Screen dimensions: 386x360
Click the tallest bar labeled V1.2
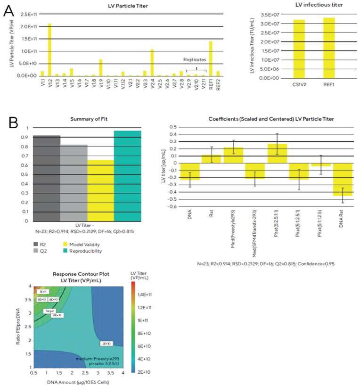click(49, 49)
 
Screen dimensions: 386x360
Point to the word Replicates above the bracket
click(195, 60)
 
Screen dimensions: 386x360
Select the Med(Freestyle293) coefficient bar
click(233, 155)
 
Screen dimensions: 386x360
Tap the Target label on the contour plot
click(49, 312)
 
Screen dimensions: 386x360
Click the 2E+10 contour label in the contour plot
click(106, 344)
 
